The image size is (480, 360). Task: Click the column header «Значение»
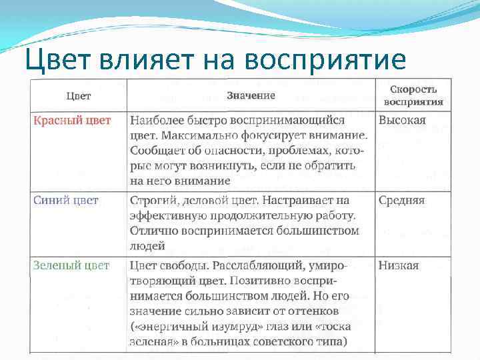(251, 95)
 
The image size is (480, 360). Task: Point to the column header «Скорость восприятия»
(413, 96)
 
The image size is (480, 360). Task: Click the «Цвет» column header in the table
(79, 96)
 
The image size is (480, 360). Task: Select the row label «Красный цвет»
(72, 121)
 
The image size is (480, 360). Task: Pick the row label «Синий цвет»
(66, 200)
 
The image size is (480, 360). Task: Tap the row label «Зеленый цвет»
(71, 265)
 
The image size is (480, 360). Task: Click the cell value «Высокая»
(402, 121)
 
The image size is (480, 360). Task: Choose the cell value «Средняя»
(401, 200)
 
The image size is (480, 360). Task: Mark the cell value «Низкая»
(399, 265)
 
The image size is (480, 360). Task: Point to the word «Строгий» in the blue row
(152, 200)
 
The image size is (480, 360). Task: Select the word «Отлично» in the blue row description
(153, 231)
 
